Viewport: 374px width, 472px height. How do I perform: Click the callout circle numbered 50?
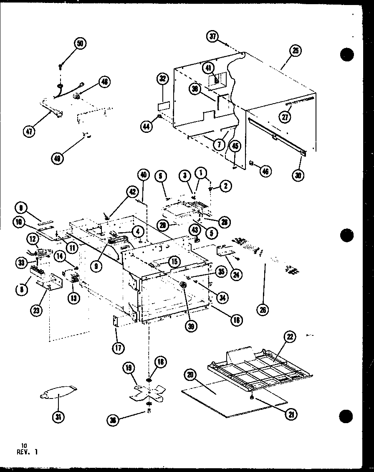[x=79, y=43]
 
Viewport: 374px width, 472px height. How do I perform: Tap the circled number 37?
[x=213, y=37]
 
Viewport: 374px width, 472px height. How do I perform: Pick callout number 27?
[x=286, y=117]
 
